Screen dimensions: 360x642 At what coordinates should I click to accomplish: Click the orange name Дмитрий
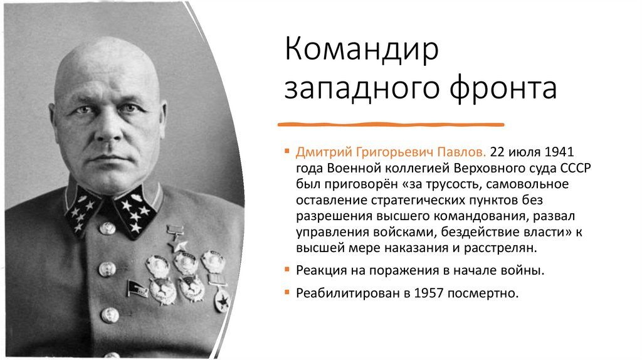pyautogui.click(x=326, y=153)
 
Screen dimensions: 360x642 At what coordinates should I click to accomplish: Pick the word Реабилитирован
pyautogui.click(x=345, y=293)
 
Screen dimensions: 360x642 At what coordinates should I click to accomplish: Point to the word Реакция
pyautogui.click(x=321, y=271)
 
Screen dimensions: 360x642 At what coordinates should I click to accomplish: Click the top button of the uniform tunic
pyautogui.click(x=107, y=228)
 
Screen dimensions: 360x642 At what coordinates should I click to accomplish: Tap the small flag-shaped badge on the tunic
pyautogui.click(x=135, y=288)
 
